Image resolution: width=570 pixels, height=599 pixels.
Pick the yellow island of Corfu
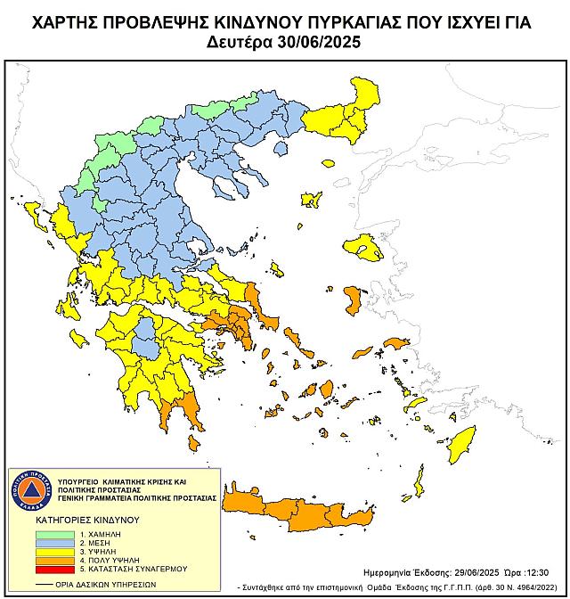pos(37,213)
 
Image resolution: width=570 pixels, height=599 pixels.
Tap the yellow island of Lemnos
pos(312,199)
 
